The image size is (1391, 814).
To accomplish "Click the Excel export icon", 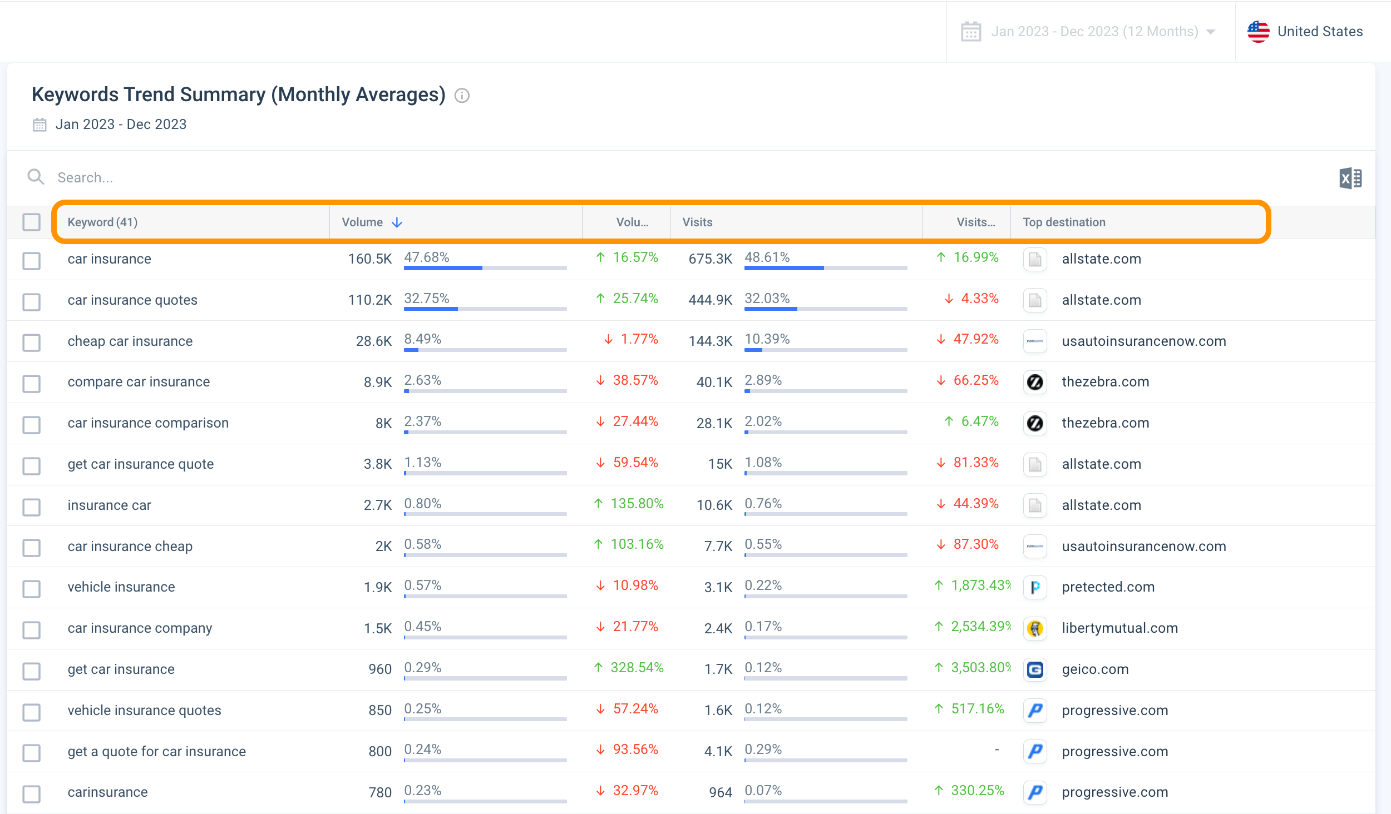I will (1350, 178).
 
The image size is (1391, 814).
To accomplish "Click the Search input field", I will (334, 177).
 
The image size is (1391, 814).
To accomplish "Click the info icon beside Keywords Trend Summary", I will (462, 96).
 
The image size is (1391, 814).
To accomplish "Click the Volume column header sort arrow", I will (397, 222).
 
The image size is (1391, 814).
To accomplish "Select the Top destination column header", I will (1064, 222).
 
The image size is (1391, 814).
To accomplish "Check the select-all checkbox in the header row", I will (32, 222).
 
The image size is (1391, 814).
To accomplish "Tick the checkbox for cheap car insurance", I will (32, 342).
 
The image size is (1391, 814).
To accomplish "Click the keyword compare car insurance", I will (139, 382).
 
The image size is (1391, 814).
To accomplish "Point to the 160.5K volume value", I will (369, 259).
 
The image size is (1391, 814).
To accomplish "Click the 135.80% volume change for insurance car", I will (637, 504).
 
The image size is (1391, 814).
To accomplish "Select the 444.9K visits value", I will (710, 300).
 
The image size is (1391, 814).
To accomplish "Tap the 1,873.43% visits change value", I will (980, 585).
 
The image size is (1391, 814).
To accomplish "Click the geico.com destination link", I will (1095, 669).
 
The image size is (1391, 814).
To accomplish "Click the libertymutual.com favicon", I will (1035, 628).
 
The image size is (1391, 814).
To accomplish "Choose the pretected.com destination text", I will (1108, 587).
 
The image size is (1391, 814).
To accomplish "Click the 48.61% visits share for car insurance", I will (767, 257).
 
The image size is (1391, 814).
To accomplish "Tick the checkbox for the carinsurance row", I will (32, 793).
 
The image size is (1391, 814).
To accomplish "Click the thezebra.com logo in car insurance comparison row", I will (1035, 423).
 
